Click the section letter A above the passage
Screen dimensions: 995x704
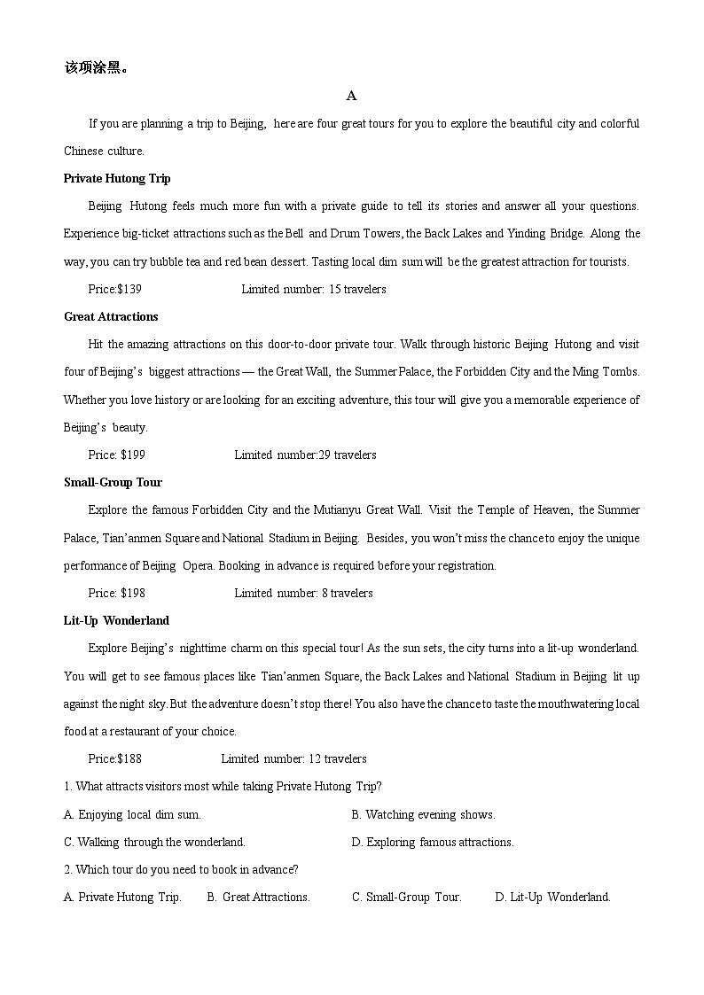tap(352, 96)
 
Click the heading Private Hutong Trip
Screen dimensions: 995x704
tap(117, 178)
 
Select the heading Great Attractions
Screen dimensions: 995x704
tap(111, 316)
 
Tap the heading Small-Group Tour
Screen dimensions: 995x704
tap(113, 482)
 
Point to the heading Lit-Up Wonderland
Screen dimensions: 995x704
tap(116, 620)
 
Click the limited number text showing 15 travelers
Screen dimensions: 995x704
tap(314, 289)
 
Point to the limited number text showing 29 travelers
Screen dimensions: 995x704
tap(305, 455)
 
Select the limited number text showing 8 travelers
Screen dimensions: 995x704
tap(303, 593)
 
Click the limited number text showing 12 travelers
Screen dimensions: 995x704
tap(293, 758)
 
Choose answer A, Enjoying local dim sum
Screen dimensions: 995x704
tap(133, 814)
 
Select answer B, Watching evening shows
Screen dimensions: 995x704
tap(423, 814)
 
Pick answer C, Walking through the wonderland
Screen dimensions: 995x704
tap(154, 842)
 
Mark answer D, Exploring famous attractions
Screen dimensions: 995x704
tap(433, 842)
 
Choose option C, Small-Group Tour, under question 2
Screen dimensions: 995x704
tap(407, 897)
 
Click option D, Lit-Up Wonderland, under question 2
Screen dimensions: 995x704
tap(552, 897)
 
